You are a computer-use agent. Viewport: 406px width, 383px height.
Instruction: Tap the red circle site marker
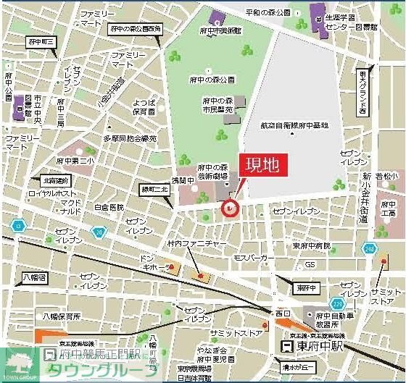pyautogui.click(x=229, y=209)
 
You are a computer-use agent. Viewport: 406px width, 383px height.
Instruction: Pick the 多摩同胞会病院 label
pyautogui.click(x=129, y=138)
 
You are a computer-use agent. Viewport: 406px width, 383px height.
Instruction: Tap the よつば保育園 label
pyautogui.click(x=144, y=107)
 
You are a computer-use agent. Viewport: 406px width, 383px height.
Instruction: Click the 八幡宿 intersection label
pyautogui.click(x=33, y=277)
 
